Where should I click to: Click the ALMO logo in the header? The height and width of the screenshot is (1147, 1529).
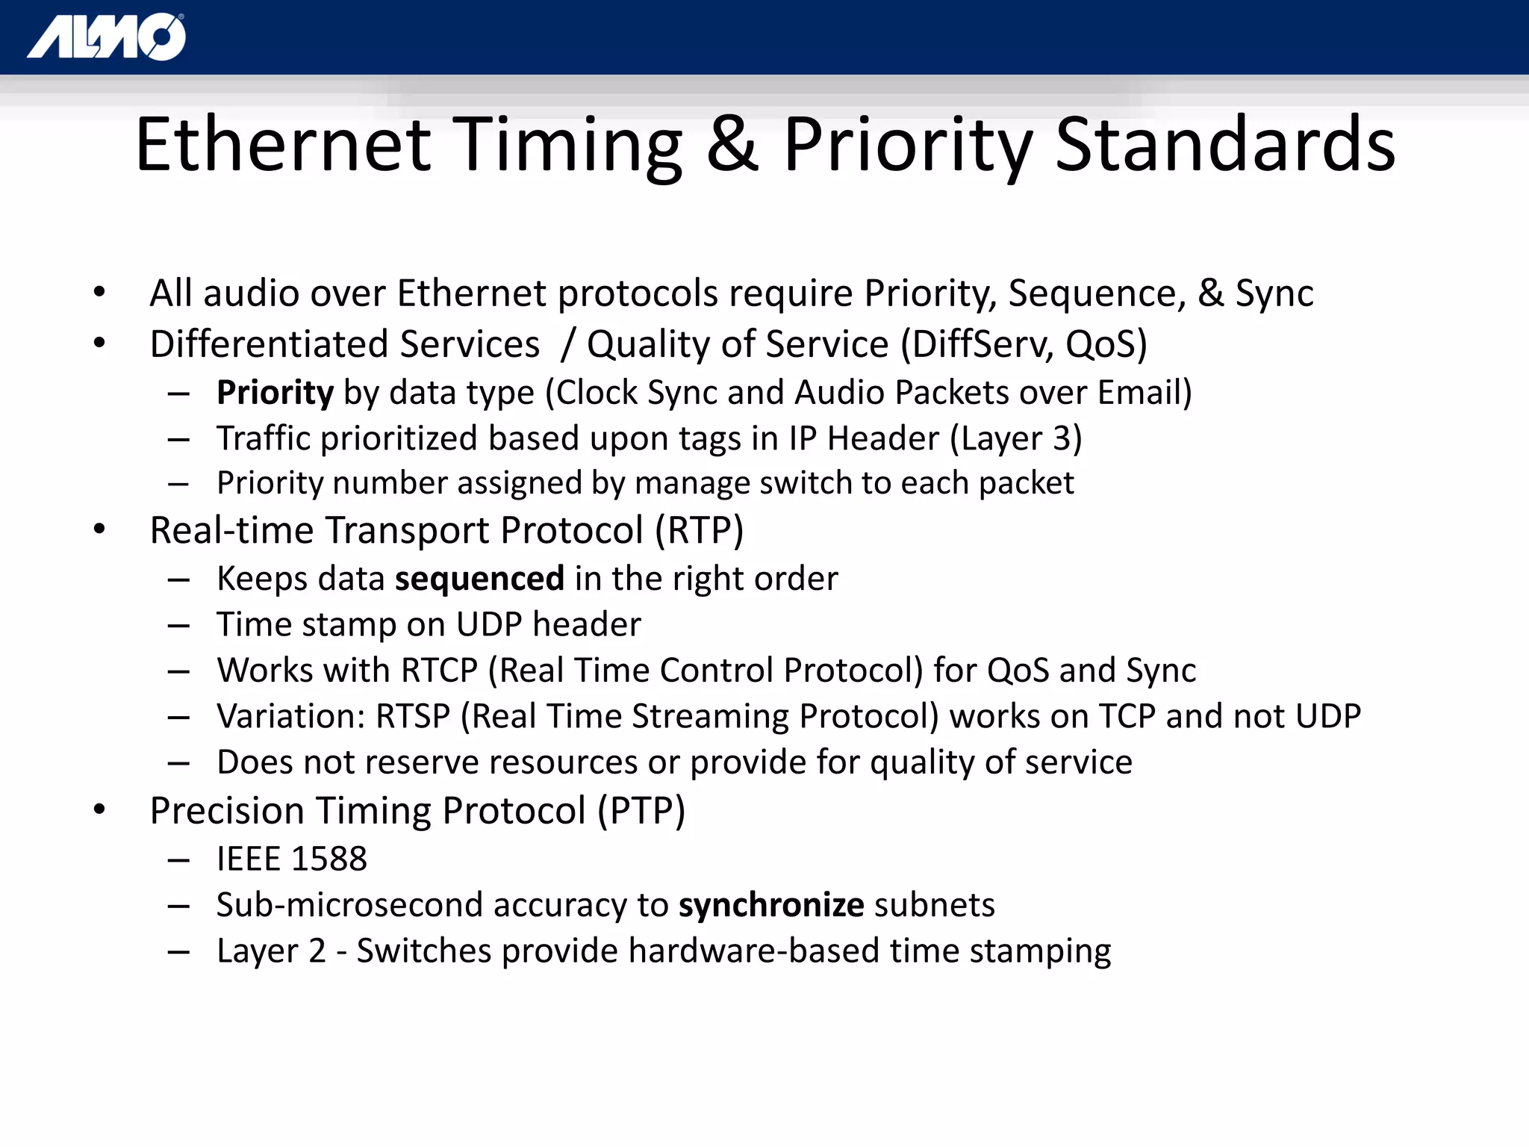coord(107,37)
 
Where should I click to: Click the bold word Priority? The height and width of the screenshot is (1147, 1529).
coord(275,393)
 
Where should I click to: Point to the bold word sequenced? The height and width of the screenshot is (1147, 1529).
coord(479,579)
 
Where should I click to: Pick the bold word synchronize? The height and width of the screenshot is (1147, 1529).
coord(771,905)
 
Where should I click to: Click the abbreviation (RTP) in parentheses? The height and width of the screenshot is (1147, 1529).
coord(700,531)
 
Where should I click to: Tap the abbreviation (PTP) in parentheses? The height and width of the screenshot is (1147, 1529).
coord(641,811)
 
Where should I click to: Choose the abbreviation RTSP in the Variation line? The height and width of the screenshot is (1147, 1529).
coord(413,717)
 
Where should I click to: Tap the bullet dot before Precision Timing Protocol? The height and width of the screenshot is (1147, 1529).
coord(99,809)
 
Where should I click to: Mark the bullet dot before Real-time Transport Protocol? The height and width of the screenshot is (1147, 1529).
coord(99,529)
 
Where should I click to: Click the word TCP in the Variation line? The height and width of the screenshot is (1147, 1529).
coord(1127,717)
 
